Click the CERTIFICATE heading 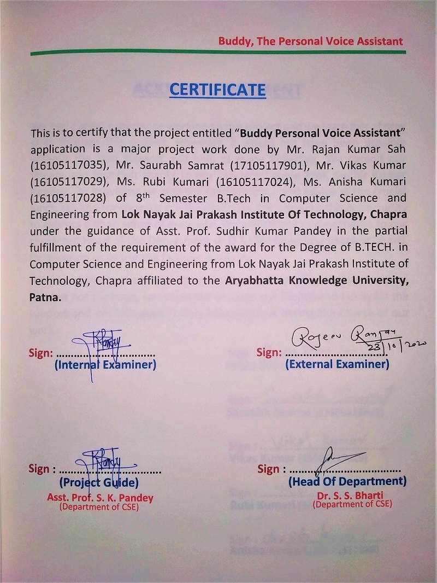point(217,89)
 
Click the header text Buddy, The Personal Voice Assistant point(310,41)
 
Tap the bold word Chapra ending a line point(388,215)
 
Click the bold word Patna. point(45,299)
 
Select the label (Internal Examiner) point(105,365)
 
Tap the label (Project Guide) point(98,483)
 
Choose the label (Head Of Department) point(347,482)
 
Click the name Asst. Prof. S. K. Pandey point(100,498)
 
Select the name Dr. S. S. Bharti point(352,496)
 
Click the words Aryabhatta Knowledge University point(316,282)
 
